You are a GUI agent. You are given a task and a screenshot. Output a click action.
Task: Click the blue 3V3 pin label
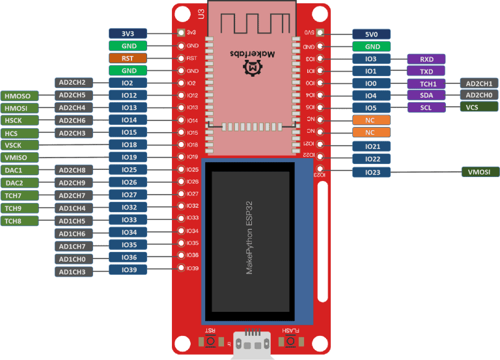tap(128, 33)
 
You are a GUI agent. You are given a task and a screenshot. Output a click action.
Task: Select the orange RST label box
tap(128, 58)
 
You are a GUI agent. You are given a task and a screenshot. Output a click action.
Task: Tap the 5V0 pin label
tap(372, 34)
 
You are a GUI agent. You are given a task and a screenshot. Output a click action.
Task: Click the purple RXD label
tap(426, 59)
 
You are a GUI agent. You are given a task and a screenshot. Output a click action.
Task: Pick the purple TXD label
tap(426, 71)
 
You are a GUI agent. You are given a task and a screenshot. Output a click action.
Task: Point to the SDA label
tap(426, 95)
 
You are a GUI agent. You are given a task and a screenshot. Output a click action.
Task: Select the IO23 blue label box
tap(372, 172)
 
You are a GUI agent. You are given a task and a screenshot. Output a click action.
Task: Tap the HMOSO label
tap(21, 96)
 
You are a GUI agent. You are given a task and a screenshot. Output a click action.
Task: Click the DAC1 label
tap(21, 170)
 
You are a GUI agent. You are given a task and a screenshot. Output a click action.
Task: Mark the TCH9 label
tap(21, 208)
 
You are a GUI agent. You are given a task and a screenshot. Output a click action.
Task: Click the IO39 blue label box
tap(128, 270)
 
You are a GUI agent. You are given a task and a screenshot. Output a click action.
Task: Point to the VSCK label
tap(21, 145)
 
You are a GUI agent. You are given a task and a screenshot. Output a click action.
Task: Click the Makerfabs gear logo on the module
tap(250, 67)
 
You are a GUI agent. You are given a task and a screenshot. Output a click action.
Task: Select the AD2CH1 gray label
tap(480, 83)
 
